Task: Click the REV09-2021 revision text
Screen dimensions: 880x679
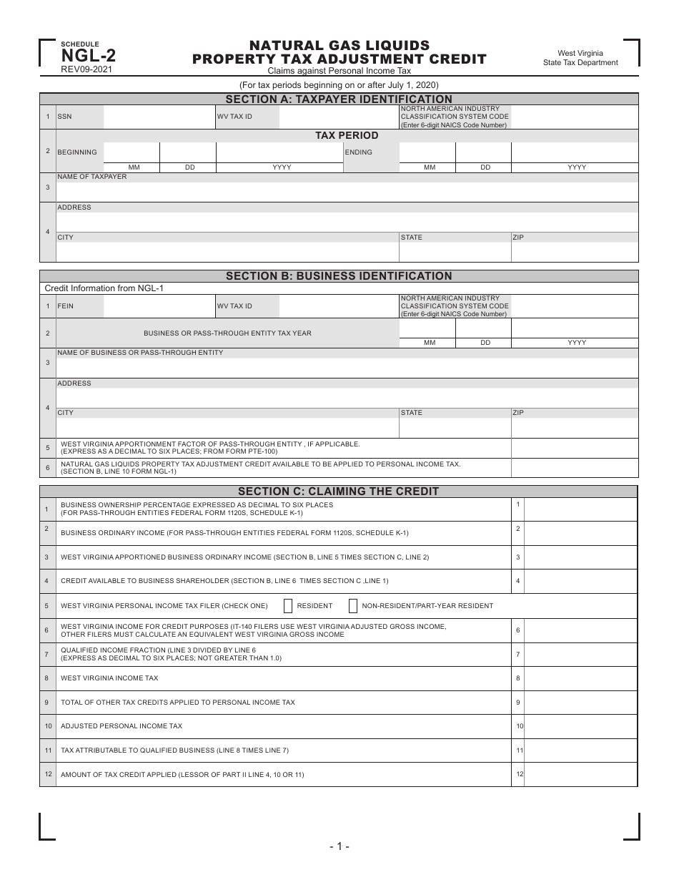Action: pyautogui.click(x=86, y=69)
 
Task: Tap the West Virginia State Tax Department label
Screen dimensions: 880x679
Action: pyautogui.click(x=580, y=58)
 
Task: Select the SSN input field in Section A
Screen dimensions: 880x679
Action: pyautogui.click(x=159, y=117)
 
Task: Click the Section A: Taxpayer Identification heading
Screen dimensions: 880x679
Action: pyautogui.click(x=339, y=99)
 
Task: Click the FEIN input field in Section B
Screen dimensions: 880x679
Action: pyautogui.click(x=159, y=306)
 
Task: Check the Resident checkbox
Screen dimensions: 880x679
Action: pyautogui.click(x=288, y=606)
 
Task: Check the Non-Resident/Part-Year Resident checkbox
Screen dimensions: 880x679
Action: pyautogui.click(x=353, y=606)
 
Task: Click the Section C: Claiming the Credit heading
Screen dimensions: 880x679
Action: pyautogui.click(x=339, y=492)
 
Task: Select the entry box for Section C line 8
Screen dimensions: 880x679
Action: pyautogui.click(x=580, y=678)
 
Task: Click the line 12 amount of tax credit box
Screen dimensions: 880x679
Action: pyautogui.click(x=580, y=775)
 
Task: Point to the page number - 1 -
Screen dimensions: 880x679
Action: pyautogui.click(x=339, y=847)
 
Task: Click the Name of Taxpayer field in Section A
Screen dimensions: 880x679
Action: pyautogui.click(x=347, y=192)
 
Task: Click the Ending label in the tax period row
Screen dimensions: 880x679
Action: pyautogui.click(x=359, y=152)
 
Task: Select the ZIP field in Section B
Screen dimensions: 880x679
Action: pyautogui.click(x=574, y=428)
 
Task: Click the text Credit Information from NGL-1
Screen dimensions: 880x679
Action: pyautogui.click(x=99, y=288)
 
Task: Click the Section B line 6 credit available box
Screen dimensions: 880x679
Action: pyautogui.click(x=574, y=468)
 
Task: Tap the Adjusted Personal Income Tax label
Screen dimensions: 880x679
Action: pyautogui.click(x=122, y=726)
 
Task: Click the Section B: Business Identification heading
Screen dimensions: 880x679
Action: pyautogui.click(x=339, y=276)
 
